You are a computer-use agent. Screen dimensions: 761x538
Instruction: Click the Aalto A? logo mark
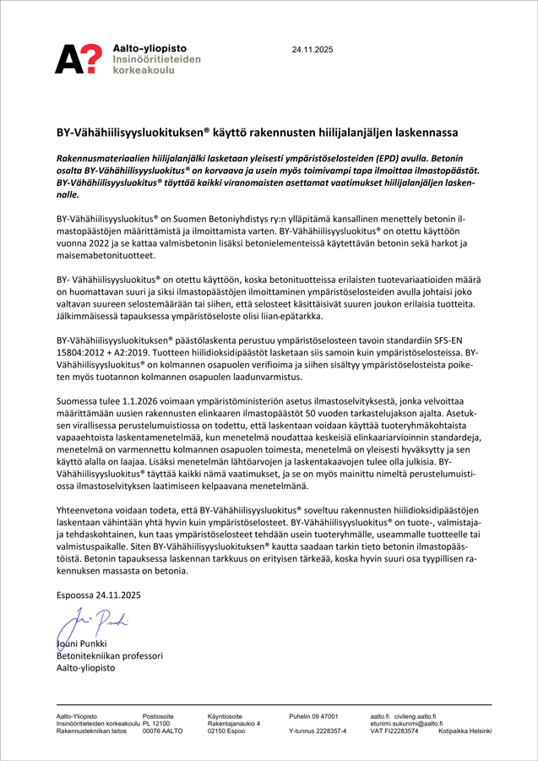tap(80, 58)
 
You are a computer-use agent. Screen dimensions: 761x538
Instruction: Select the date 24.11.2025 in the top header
tap(312, 50)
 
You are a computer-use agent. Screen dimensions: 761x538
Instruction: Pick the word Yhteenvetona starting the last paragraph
tap(89, 511)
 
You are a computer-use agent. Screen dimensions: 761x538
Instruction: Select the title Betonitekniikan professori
tap(109, 655)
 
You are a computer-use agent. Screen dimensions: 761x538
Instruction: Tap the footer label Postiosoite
tap(158, 715)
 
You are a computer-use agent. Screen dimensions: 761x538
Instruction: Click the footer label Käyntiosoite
tap(225, 715)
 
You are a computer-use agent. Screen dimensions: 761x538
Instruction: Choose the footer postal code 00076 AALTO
tap(162, 731)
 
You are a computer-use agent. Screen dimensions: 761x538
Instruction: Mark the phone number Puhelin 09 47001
tap(314, 715)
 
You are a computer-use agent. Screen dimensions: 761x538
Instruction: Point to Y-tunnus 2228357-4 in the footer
tap(318, 731)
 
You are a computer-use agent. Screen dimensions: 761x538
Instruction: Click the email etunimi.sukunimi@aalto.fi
tap(406, 723)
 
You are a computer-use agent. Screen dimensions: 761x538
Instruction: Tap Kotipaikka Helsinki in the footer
tap(465, 731)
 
